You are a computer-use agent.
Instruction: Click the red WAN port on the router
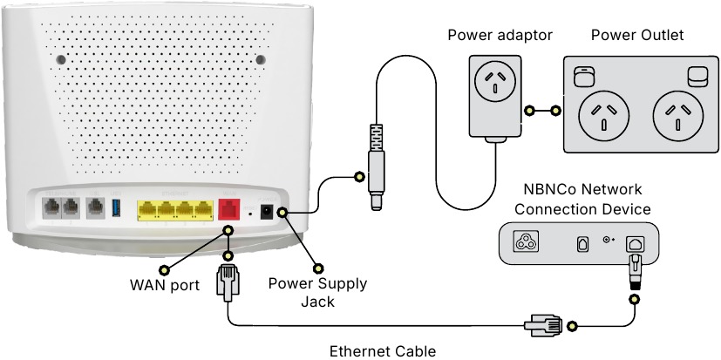coord(228,209)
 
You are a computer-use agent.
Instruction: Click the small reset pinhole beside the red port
coord(251,212)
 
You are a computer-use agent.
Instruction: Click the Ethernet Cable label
coord(381,351)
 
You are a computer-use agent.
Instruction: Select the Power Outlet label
coord(637,35)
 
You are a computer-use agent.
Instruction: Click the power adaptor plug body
coord(495,96)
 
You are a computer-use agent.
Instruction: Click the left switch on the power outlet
coord(582,78)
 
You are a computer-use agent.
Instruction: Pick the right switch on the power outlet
coord(697,78)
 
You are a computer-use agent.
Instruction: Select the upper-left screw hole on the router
coord(59,60)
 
